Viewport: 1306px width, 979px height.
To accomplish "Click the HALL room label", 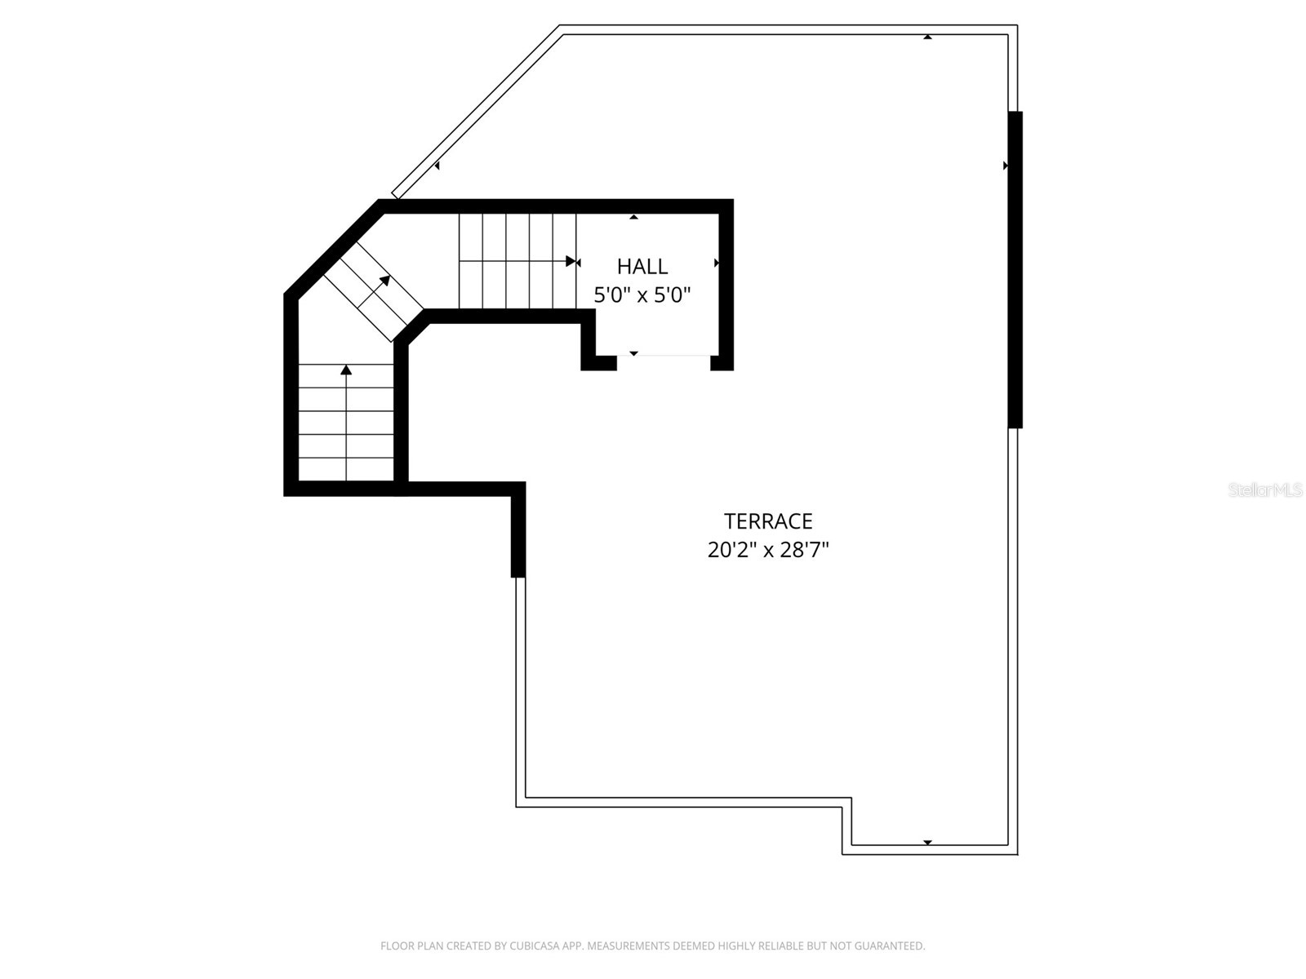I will tap(642, 266).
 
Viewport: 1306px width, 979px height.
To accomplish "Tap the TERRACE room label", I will tap(768, 521).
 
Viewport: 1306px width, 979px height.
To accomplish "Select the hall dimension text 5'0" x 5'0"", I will tap(642, 295).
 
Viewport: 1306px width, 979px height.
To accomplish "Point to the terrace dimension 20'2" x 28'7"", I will tap(768, 550).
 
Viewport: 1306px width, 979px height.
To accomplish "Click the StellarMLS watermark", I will tap(1265, 489).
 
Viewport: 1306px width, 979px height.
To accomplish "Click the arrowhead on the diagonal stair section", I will tap(384, 281).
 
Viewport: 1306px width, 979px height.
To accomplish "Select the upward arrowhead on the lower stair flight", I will tap(346, 370).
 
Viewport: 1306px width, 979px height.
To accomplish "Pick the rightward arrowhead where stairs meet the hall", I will tap(571, 262).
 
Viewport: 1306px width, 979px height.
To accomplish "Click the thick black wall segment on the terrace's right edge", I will tap(1015, 269).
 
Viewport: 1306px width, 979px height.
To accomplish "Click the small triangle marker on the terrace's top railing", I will tap(927, 37).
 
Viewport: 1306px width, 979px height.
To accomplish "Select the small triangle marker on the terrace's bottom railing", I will tap(927, 842).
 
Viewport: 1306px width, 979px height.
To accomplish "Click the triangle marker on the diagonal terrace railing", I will tap(438, 166).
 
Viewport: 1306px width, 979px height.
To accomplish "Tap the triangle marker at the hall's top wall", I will tap(633, 217).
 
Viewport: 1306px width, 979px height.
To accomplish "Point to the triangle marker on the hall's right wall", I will tap(717, 263).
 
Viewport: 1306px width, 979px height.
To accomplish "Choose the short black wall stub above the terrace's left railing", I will tap(518, 530).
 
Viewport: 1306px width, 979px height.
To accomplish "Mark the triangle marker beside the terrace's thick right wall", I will tap(1006, 166).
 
